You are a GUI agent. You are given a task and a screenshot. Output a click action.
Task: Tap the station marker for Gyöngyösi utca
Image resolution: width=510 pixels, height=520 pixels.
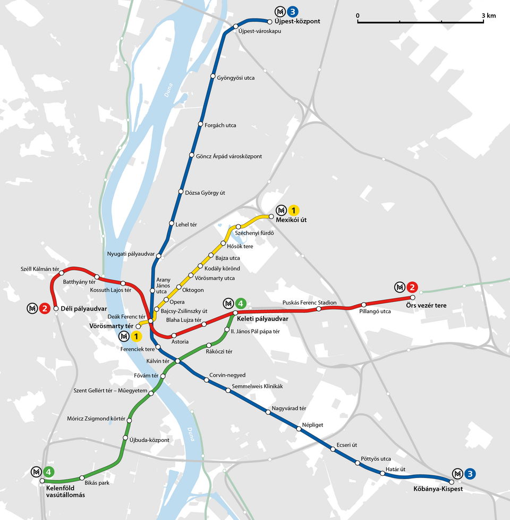(x=213, y=78)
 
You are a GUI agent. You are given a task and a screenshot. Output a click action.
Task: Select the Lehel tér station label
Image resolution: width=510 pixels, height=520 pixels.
(x=186, y=224)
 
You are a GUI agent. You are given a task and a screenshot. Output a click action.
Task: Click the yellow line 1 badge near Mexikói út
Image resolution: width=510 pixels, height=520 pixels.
(x=293, y=211)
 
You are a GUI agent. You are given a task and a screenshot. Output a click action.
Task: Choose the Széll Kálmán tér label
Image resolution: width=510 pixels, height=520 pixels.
(x=40, y=269)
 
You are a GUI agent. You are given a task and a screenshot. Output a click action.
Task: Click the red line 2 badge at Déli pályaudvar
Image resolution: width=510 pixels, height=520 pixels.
(x=45, y=308)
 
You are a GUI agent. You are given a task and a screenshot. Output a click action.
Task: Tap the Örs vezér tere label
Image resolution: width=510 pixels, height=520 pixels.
(x=426, y=306)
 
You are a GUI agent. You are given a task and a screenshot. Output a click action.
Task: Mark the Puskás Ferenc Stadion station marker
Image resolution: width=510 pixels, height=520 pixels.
(x=319, y=309)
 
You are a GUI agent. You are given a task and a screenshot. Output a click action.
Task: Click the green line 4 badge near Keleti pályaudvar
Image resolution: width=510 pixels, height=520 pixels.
(x=241, y=304)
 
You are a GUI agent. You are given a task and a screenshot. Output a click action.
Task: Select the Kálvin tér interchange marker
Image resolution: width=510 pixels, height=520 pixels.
(x=178, y=362)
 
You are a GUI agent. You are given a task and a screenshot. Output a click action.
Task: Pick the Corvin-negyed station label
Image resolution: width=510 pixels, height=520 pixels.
(x=227, y=375)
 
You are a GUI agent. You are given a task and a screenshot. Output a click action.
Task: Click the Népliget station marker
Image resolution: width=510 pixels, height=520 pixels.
(x=299, y=429)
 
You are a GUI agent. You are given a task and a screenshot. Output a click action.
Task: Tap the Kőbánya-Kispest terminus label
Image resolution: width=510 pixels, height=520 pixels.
(x=438, y=489)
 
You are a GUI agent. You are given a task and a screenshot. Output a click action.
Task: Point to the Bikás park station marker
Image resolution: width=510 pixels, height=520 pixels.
(x=82, y=478)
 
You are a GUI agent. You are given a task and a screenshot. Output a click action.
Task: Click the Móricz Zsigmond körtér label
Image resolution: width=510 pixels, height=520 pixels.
(x=96, y=418)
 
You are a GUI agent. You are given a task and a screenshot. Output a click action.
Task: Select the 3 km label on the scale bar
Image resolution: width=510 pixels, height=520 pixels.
(x=489, y=15)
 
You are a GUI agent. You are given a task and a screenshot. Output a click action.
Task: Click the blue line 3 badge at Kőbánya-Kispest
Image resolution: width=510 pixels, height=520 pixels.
(x=470, y=474)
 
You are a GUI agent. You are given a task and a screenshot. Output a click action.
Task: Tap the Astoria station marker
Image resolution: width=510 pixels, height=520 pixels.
(x=174, y=336)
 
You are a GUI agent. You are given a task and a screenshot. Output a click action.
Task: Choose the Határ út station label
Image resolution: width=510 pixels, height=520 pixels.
(x=396, y=469)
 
